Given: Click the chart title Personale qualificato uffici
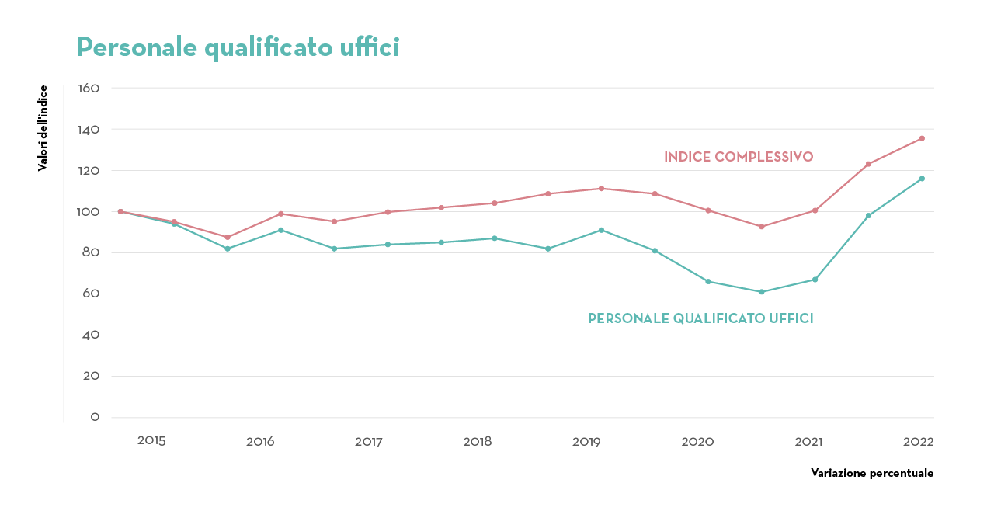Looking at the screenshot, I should pyautogui.click(x=238, y=47).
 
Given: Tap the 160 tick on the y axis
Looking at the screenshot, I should pyautogui.click(x=89, y=89).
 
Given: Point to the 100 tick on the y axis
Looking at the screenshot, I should pyautogui.click(x=89, y=212).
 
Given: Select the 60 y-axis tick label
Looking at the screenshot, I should pyautogui.click(x=90, y=294).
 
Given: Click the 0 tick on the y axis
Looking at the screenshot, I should pyautogui.click(x=95, y=418).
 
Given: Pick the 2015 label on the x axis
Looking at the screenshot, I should pyautogui.click(x=151, y=441).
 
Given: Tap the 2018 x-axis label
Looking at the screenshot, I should pyautogui.click(x=478, y=442).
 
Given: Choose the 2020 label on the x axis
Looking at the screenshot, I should pyautogui.click(x=697, y=442).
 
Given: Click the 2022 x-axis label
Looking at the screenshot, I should pyautogui.click(x=918, y=442).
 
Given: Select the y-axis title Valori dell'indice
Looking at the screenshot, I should pyautogui.click(x=43, y=128).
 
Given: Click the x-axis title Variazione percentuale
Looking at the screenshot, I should pyautogui.click(x=872, y=473).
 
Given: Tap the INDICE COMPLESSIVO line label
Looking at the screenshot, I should pyautogui.click(x=739, y=157).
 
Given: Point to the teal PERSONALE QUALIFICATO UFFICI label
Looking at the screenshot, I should pyautogui.click(x=700, y=318).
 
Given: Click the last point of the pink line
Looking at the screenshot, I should pyautogui.click(x=922, y=138).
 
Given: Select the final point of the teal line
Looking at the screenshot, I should pyautogui.click(x=922, y=179).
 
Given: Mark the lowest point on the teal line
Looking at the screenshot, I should pyautogui.click(x=762, y=292).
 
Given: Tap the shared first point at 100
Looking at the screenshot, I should pyautogui.click(x=120, y=211).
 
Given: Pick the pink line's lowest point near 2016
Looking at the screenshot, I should pyautogui.click(x=228, y=238).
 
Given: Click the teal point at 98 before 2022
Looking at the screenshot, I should pyautogui.click(x=868, y=216).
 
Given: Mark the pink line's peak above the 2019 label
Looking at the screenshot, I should pyautogui.click(x=601, y=189).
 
